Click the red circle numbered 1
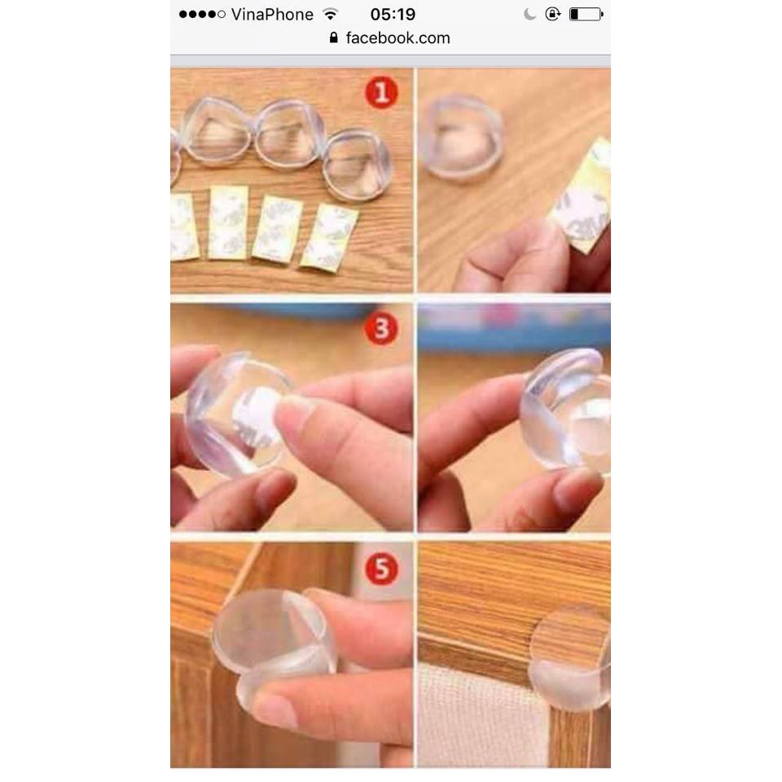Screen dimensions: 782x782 click(380, 92)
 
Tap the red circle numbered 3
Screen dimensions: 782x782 click(380, 329)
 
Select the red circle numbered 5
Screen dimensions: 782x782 click(380, 568)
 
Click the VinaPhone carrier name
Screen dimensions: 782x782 click(271, 15)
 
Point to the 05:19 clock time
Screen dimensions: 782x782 click(393, 15)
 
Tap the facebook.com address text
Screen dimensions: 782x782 click(398, 38)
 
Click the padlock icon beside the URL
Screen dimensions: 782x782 click(333, 38)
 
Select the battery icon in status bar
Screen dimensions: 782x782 click(586, 15)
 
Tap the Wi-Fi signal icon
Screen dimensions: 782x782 click(330, 15)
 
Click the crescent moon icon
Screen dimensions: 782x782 click(529, 15)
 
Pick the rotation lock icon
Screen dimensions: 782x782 click(553, 15)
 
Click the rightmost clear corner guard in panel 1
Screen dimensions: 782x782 click(357, 165)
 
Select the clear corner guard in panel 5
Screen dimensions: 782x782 click(269, 631)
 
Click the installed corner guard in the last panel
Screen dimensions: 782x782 click(570, 660)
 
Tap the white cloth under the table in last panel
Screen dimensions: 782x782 click(481, 717)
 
